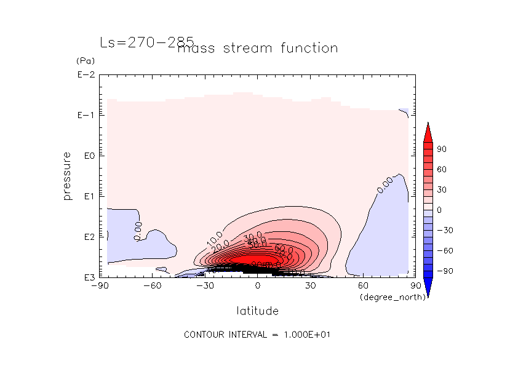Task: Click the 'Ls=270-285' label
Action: point(146,42)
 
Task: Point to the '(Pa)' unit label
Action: point(84,62)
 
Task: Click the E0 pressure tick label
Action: point(87,156)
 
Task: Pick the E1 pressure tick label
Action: point(87,196)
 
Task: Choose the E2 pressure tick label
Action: point(87,237)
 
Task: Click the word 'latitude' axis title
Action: point(258,311)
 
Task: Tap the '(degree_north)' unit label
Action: point(385,297)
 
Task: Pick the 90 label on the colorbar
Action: point(442,149)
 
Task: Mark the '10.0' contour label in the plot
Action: point(215,240)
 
